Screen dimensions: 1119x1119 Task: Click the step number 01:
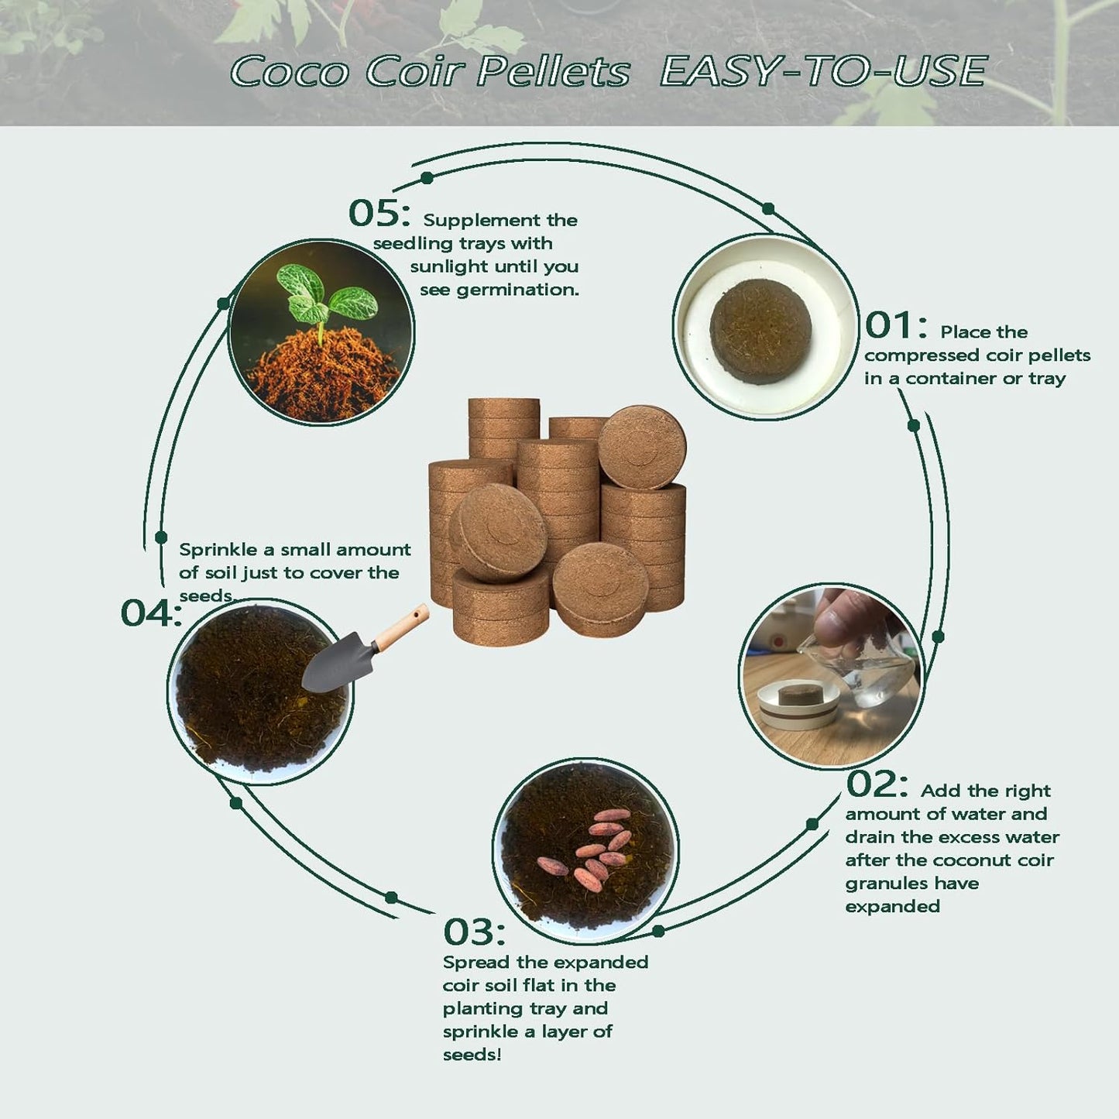[x=895, y=325]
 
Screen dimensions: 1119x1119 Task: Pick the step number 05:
[x=379, y=213]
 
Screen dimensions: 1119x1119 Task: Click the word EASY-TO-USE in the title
[x=822, y=72]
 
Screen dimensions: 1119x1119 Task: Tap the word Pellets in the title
[x=553, y=72]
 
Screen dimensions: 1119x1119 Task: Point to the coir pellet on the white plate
[x=760, y=330]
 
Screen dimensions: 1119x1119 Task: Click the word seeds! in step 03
[x=472, y=1055]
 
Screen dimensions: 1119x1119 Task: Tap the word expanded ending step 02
[x=892, y=906]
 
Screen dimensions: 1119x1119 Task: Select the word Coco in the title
[x=290, y=72]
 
